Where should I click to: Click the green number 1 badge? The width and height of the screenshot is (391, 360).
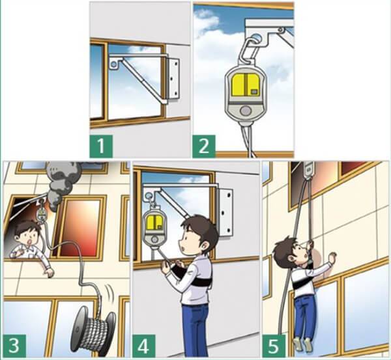(101, 146)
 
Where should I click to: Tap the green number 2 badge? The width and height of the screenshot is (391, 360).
(204, 146)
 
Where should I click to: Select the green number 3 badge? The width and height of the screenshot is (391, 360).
(14, 346)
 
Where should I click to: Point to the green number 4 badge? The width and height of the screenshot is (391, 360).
(143, 346)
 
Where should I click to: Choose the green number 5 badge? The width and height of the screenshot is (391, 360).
(274, 346)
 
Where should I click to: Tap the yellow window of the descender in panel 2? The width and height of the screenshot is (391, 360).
(246, 85)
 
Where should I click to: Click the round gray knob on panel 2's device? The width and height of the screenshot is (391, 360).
(246, 111)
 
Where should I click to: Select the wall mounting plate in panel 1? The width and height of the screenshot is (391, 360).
(173, 79)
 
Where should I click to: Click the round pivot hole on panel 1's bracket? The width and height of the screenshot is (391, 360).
(113, 64)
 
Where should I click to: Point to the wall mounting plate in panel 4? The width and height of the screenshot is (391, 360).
(225, 212)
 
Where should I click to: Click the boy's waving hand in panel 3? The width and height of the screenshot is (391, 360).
(50, 273)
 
